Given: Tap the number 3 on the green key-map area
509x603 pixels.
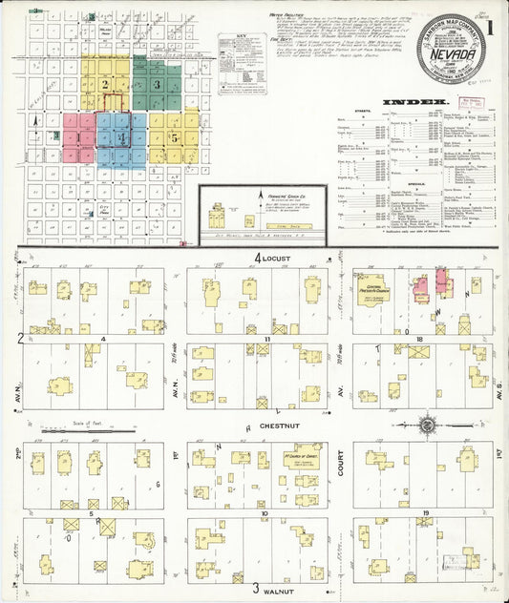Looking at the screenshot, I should coord(158,84).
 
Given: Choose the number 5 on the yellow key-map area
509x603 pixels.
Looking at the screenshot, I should coord(175,136).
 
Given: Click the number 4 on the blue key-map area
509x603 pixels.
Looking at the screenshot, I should coord(120,137).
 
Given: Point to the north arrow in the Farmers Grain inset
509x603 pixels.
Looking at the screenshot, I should coord(260,203).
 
